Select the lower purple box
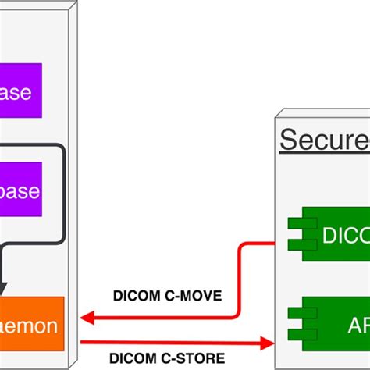click(x=20, y=190)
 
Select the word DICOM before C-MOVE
click(x=137, y=296)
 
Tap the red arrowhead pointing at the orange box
click(x=87, y=318)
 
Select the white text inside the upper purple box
click(x=17, y=93)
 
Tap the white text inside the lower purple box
click(x=19, y=190)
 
